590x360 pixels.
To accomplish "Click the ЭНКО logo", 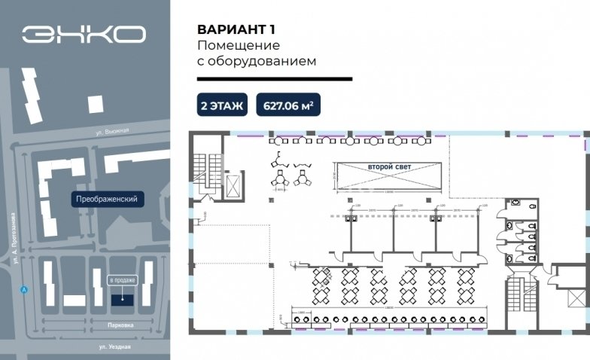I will click(x=84, y=34).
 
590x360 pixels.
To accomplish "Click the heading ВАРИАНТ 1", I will click(x=236, y=30).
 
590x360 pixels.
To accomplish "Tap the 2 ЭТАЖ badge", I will click(x=222, y=105).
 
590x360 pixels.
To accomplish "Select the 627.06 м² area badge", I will click(x=289, y=105).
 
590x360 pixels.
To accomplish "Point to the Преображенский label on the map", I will click(x=107, y=200).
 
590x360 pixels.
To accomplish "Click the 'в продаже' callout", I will click(x=123, y=279).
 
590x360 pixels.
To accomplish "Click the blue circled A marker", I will click(x=24, y=289).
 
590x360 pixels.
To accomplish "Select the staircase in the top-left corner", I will click(x=208, y=172).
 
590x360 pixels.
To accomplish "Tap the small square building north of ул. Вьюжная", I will click(x=96, y=104).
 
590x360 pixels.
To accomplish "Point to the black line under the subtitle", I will click(x=274, y=78).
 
